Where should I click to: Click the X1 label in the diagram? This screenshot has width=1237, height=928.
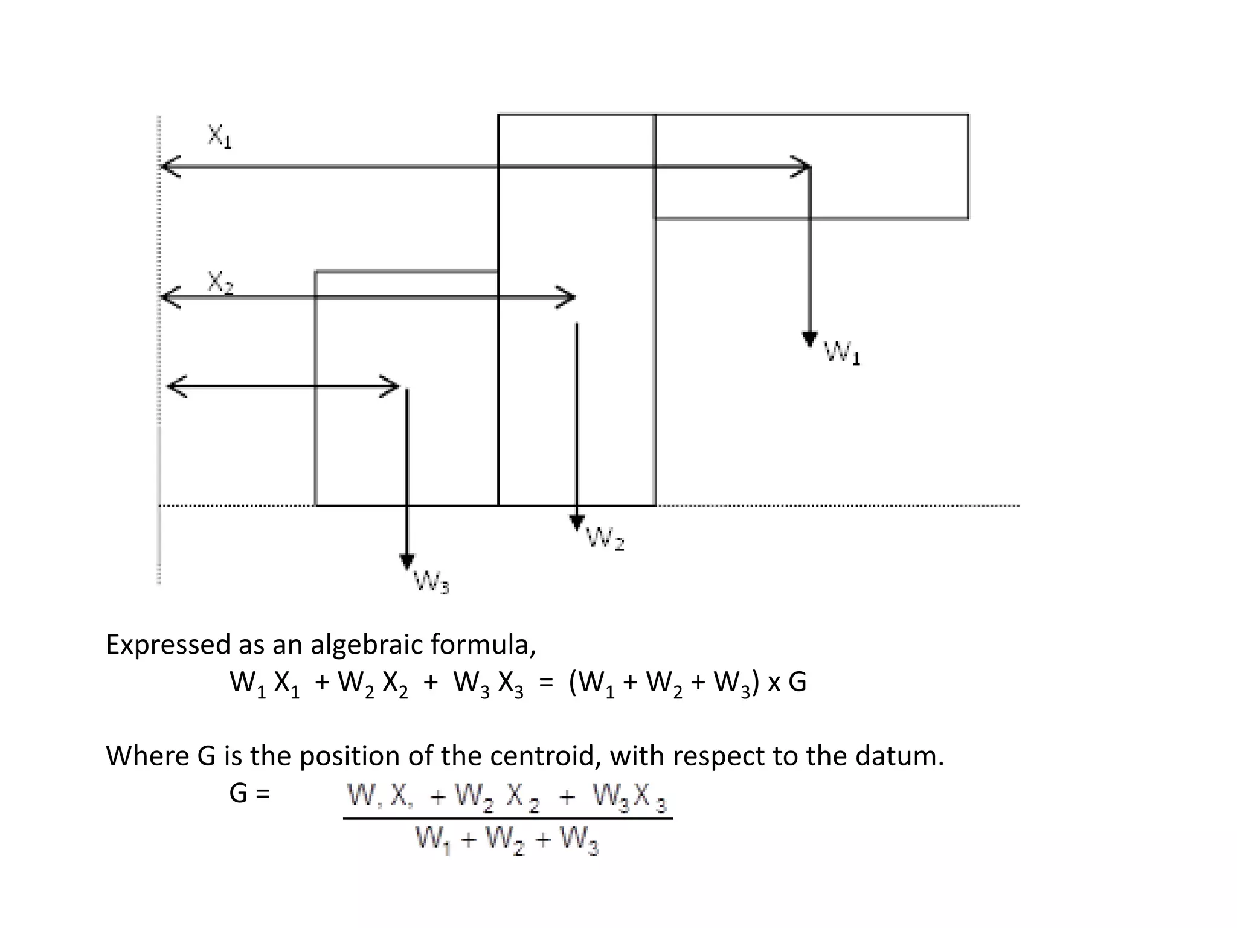220,137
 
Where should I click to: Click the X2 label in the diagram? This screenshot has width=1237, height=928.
220,283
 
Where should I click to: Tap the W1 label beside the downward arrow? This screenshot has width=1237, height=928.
842,352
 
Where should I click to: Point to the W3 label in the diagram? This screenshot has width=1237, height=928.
431,583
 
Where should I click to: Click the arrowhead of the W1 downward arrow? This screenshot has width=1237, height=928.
809,339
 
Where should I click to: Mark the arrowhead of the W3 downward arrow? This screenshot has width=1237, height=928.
407,561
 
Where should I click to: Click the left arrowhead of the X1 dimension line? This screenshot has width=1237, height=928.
169,166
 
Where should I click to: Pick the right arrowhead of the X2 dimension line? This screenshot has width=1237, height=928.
568,297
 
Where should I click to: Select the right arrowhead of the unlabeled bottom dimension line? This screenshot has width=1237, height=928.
391,386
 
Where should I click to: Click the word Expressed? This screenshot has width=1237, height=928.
169,645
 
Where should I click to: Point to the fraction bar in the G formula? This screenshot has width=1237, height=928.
507,819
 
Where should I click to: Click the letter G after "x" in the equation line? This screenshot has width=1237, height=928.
797,683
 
